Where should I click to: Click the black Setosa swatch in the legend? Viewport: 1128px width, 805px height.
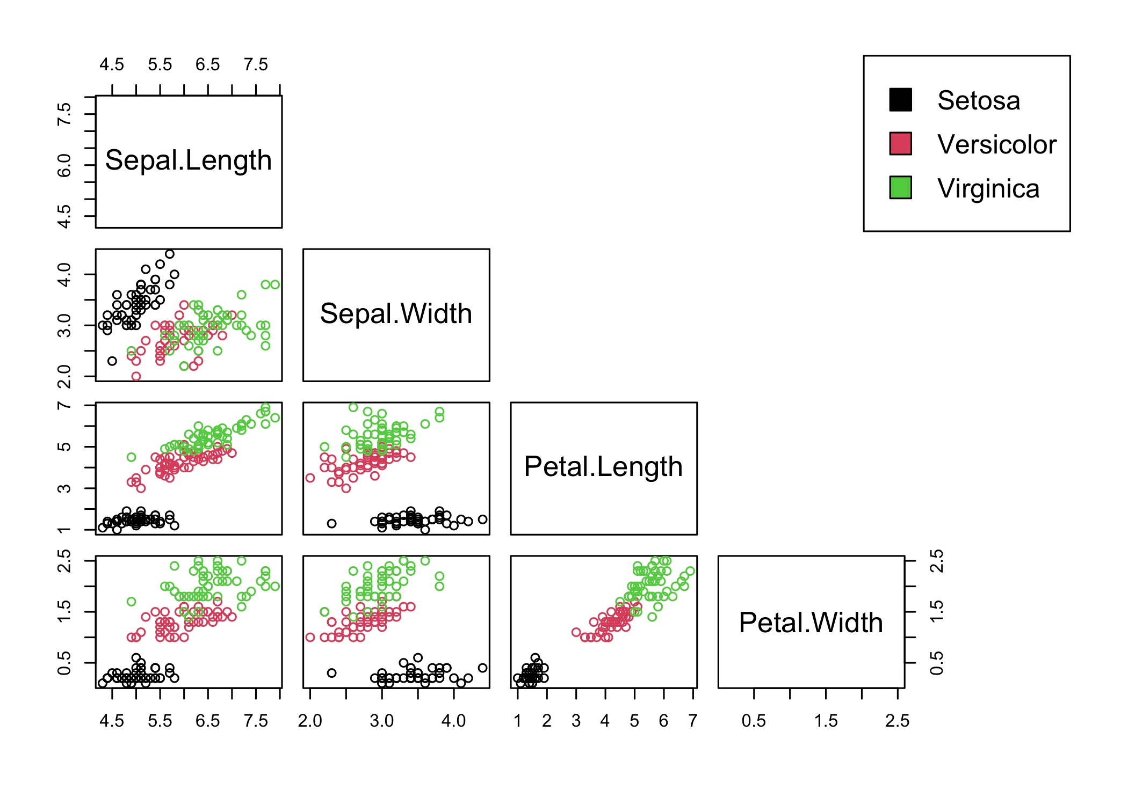click(900, 100)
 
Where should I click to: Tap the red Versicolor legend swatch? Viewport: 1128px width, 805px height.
click(900, 144)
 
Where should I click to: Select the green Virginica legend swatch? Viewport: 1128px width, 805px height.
click(900, 188)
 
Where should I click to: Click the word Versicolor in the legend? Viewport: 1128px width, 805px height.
click(996, 144)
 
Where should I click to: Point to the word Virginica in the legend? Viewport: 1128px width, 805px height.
click(988, 188)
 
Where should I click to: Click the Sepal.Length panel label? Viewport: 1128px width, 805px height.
click(189, 160)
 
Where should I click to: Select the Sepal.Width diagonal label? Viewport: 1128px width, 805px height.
click(396, 313)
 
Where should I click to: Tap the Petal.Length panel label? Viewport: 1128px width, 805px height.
click(603, 467)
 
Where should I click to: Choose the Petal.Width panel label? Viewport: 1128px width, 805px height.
click(811, 623)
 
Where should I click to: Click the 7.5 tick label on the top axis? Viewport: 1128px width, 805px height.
click(256, 65)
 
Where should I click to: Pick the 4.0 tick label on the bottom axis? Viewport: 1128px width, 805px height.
click(453, 721)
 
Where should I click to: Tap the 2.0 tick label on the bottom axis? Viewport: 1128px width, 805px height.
click(310, 721)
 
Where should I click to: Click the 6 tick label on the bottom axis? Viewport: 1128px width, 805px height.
click(663, 721)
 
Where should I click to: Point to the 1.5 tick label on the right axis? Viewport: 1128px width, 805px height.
click(936, 612)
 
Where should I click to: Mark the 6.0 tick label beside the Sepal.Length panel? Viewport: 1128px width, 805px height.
click(64, 165)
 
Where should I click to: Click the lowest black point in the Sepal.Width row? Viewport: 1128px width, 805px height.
click(112, 361)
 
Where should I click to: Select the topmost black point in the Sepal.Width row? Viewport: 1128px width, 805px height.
click(170, 254)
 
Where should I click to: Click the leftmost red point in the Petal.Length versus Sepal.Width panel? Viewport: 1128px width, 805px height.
click(310, 478)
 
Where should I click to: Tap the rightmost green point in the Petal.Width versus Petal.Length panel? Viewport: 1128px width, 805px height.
click(690, 571)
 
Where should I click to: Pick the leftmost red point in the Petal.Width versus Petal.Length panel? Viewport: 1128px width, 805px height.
click(576, 632)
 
